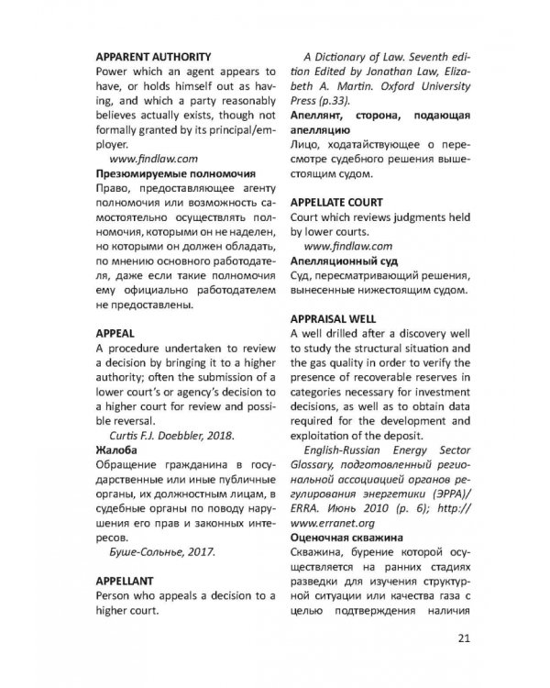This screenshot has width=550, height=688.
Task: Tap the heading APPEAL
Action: click(115, 333)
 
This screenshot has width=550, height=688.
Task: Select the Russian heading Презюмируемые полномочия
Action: click(175, 172)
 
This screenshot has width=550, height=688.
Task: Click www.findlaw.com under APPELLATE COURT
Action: click(347, 246)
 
